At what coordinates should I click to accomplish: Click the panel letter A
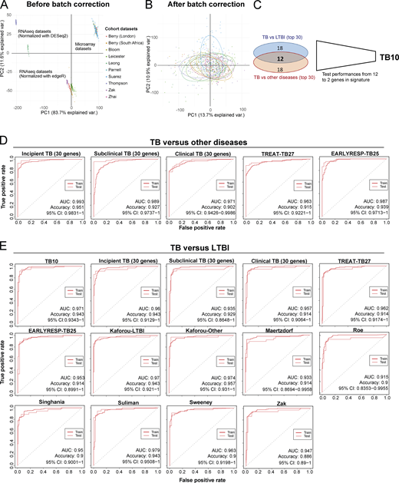4,5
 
